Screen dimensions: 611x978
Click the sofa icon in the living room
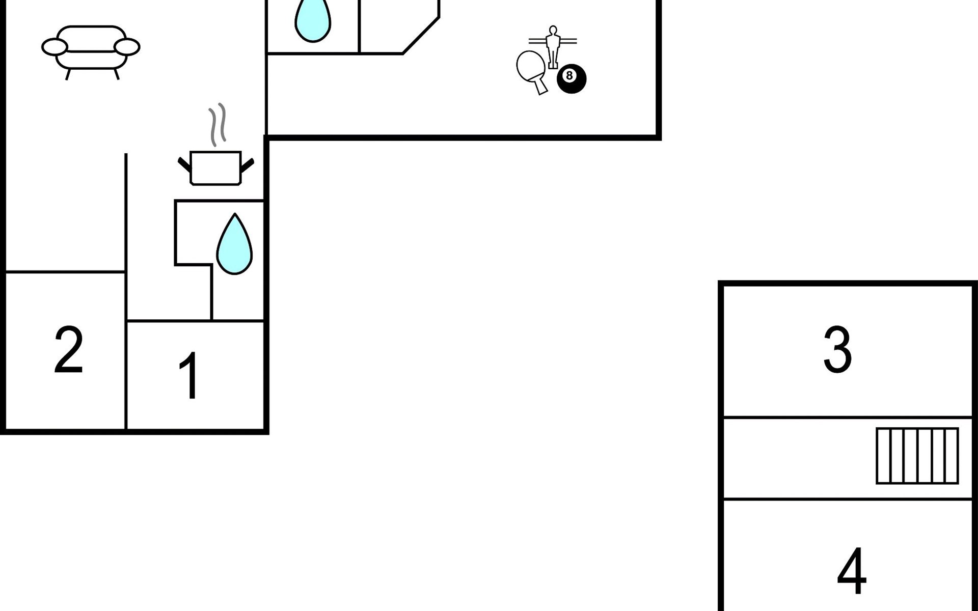(x=91, y=48)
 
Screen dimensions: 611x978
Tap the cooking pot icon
(x=215, y=168)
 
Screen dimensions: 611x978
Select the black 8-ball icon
(x=572, y=79)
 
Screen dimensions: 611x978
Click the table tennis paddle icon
(x=530, y=68)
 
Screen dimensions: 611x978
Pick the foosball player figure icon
(x=553, y=46)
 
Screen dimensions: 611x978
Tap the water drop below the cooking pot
(x=234, y=245)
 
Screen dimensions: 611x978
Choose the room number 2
(x=68, y=350)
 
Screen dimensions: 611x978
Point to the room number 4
(x=852, y=571)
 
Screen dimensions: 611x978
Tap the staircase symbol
(x=917, y=456)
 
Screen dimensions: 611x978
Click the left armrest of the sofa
(x=54, y=47)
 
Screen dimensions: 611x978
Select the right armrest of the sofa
(x=127, y=47)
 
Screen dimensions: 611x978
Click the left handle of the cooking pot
(x=184, y=164)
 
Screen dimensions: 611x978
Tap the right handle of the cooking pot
(x=247, y=164)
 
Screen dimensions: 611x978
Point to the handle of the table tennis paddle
(x=541, y=87)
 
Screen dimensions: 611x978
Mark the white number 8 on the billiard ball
(x=569, y=76)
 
